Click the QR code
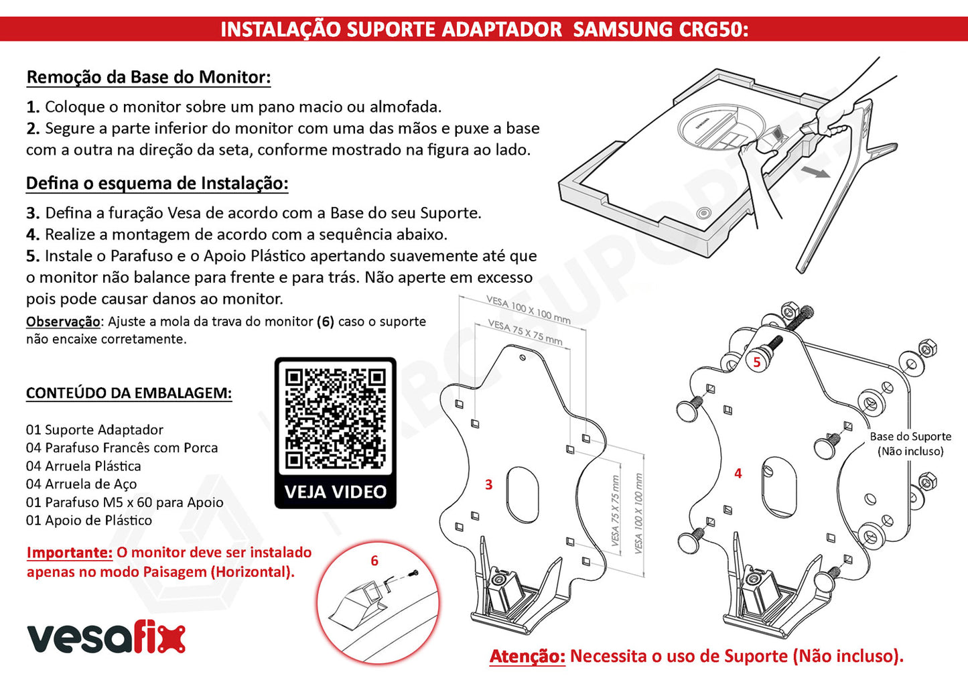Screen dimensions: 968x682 click(336, 418)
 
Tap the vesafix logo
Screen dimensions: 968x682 click(107, 638)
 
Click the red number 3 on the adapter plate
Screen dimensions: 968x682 click(489, 484)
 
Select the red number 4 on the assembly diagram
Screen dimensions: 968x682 click(738, 473)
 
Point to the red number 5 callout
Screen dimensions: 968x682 click(757, 362)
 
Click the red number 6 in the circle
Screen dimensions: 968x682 click(374, 561)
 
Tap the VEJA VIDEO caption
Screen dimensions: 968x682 click(336, 492)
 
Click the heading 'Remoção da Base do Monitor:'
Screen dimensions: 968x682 click(149, 77)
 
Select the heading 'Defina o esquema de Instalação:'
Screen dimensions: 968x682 click(157, 184)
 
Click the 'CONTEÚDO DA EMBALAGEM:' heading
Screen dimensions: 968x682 click(129, 393)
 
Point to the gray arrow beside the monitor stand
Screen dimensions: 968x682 click(815, 172)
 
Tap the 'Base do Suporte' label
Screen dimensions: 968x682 click(910, 436)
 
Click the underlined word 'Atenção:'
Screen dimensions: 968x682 click(527, 657)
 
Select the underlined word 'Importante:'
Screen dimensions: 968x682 click(70, 552)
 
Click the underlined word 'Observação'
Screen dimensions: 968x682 click(63, 322)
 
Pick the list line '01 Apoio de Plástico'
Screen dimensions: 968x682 click(89, 520)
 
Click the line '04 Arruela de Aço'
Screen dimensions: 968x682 click(81, 484)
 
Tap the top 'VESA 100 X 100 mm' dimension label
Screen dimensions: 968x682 click(528, 310)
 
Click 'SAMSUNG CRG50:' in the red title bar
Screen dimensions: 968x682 click(661, 29)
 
